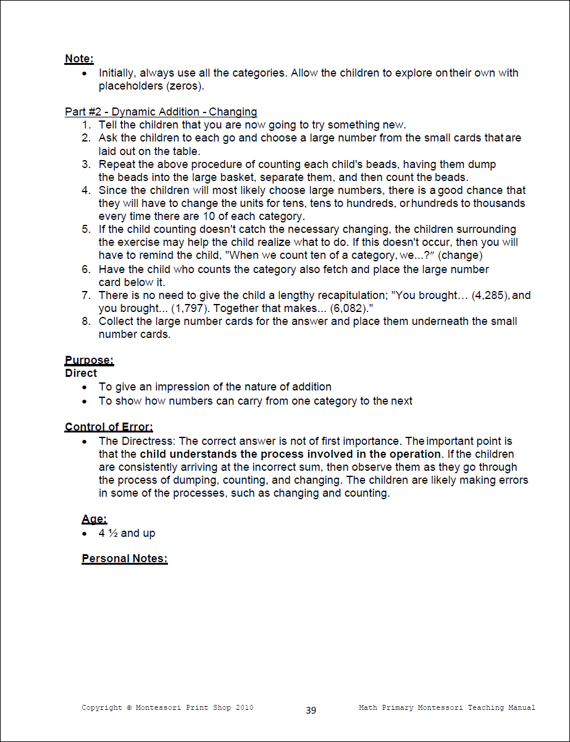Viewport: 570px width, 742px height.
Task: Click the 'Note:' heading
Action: tap(79, 59)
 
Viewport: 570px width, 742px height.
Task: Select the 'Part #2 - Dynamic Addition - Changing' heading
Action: tap(161, 112)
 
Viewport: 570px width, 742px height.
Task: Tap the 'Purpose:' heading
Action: tap(89, 361)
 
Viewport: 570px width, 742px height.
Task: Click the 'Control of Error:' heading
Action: tap(109, 427)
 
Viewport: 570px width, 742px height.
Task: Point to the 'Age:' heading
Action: tap(94, 520)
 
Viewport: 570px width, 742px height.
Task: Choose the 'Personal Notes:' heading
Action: tap(125, 559)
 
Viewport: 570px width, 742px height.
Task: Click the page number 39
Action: tap(311, 710)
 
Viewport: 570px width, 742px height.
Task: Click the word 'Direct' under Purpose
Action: tap(81, 373)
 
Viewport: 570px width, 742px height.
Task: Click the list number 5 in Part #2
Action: tap(86, 230)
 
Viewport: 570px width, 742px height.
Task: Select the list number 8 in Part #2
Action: tap(86, 321)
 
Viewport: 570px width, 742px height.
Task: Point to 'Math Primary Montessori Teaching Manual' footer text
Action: tap(447, 707)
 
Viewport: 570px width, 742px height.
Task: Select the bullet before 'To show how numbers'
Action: tap(85, 402)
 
